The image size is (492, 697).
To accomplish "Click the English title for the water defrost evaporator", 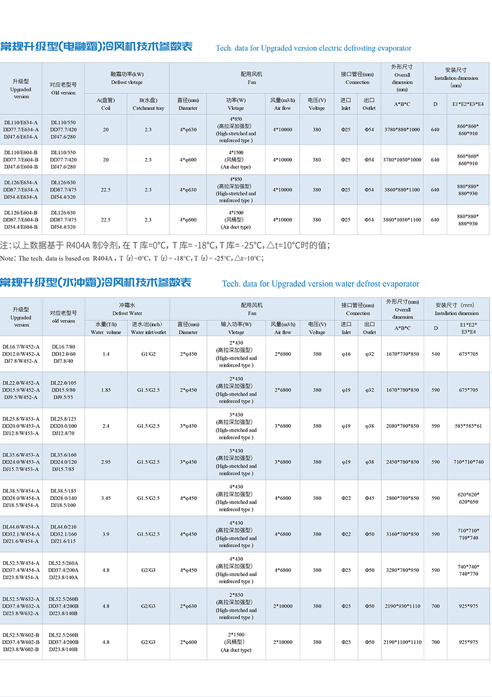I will [320, 284].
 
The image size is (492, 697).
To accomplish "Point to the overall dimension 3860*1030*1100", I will [402, 220].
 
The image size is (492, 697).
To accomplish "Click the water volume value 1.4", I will [106, 354].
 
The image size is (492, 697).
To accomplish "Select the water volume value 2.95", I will [106, 462].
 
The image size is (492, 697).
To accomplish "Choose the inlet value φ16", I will [346, 354].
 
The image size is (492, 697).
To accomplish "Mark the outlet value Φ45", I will [369, 498].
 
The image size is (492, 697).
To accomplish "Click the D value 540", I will [435, 354].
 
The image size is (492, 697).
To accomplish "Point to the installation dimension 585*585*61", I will [468, 426].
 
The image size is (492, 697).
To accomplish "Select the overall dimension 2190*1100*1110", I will [402, 642].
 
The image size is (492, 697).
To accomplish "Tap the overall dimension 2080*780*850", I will [402, 426].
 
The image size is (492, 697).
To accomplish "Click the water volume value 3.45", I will [106, 498].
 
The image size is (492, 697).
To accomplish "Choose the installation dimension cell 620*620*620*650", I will [467, 498].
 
